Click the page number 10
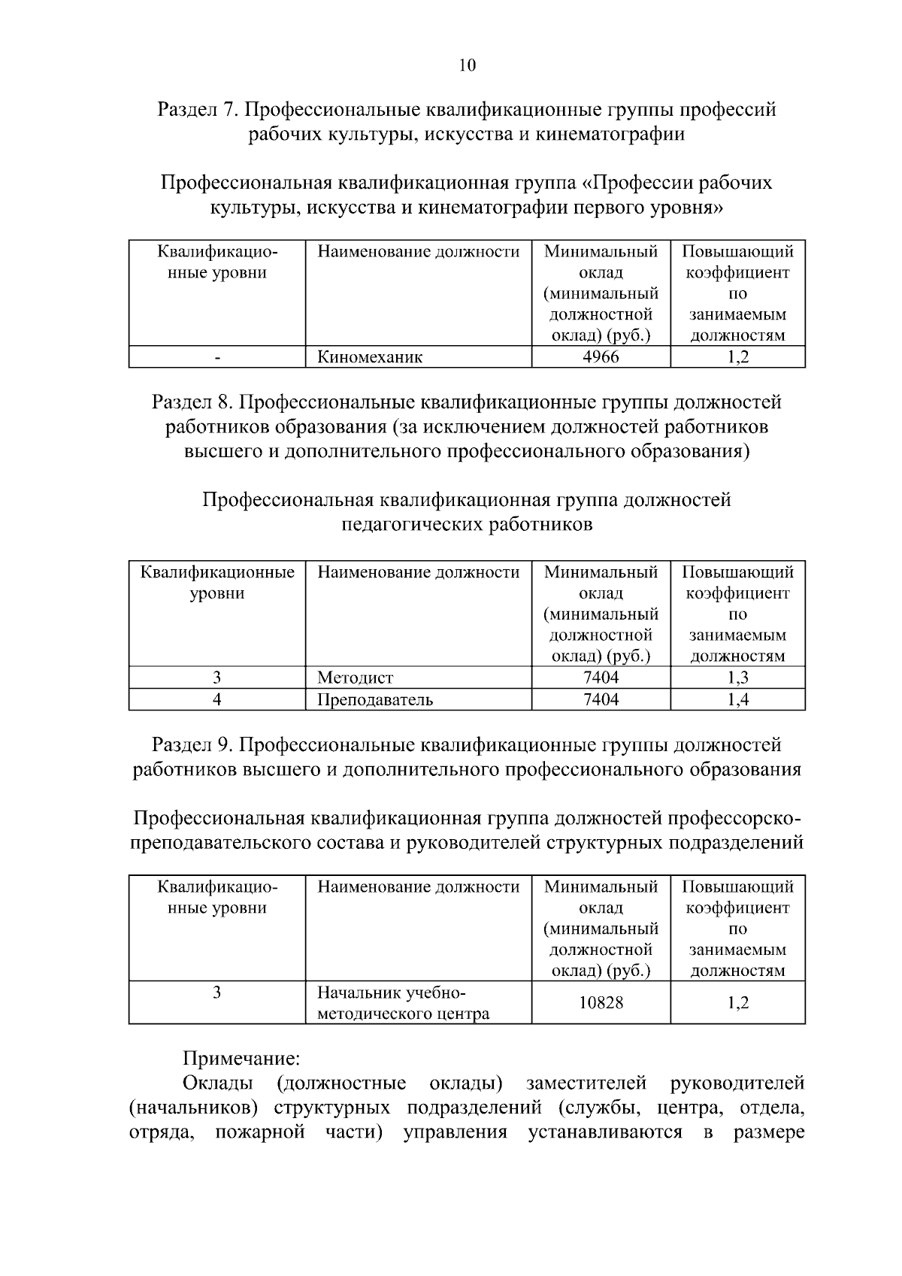pyautogui.click(x=467, y=65)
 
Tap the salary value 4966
pyautogui.click(x=601, y=357)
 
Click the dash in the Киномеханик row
pyautogui.click(x=217, y=358)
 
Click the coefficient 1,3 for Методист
pyautogui.click(x=737, y=677)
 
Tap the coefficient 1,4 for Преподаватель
pyautogui.click(x=737, y=699)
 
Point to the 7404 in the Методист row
pyautogui.click(x=601, y=677)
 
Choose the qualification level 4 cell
pyautogui.click(x=217, y=699)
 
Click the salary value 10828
pyautogui.click(x=601, y=1002)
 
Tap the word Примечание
pyautogui.click(x=242, y=1059)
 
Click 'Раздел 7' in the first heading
pyautogui.click(x=197, y=110)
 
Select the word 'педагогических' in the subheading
pyautogui.click(x=413, y=524)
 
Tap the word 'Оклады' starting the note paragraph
pyautogui.click(x=218, y=1084)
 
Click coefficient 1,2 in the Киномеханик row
pyautogui.click(x=737, y=357)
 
